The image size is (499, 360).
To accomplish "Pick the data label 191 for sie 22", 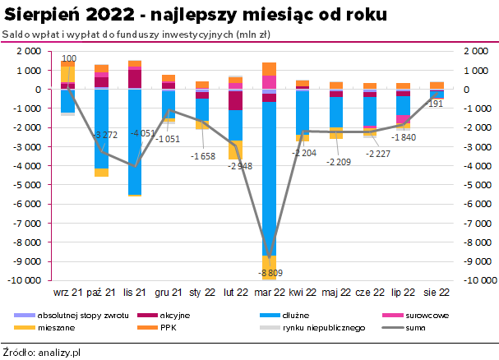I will [436, 104].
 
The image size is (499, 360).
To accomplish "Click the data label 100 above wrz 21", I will [70, 58].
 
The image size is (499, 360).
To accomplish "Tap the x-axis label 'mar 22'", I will [270, 292].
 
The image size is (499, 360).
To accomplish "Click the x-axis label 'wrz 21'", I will [67, 292].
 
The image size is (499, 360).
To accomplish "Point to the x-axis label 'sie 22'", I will [437, 292].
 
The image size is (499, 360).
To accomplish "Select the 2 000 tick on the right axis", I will [474, 51].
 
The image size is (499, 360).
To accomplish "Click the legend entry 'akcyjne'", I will [173, 315].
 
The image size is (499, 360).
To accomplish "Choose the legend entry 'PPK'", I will [168, 327].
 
